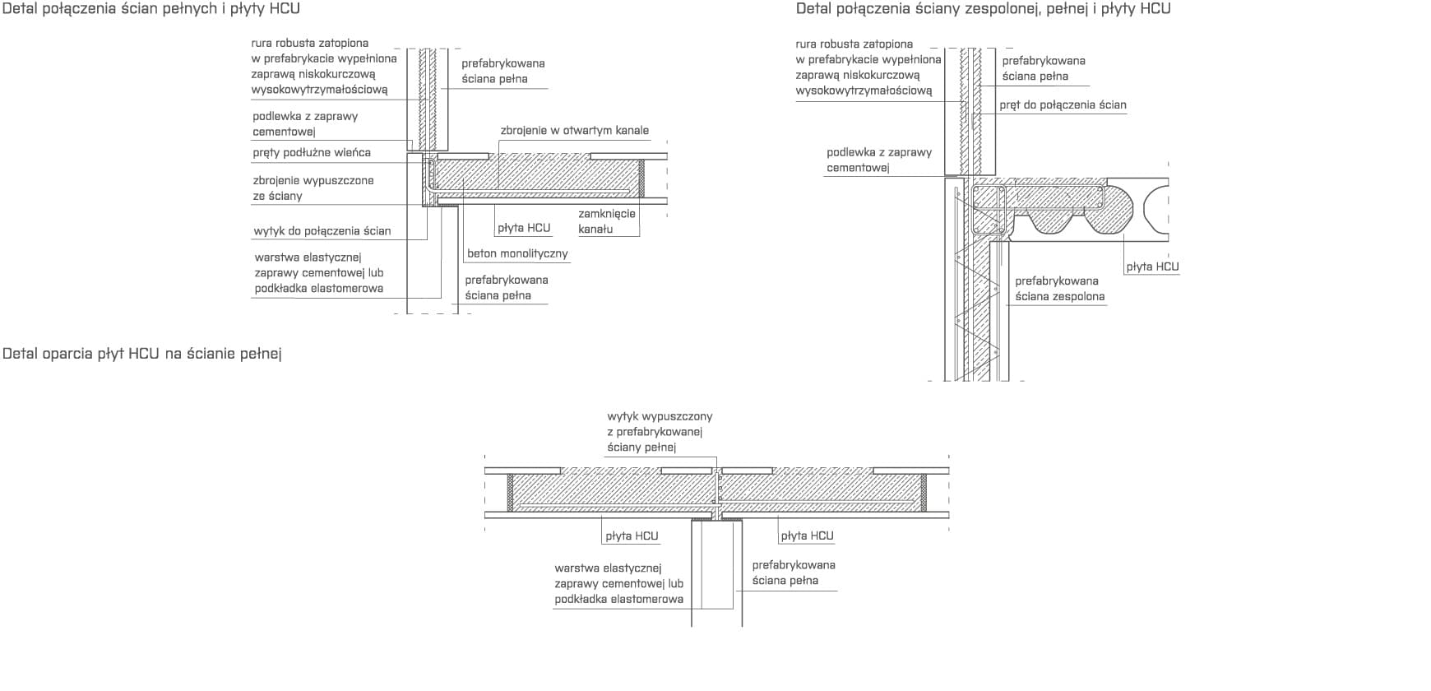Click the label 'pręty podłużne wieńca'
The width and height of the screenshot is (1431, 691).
pos(312,153)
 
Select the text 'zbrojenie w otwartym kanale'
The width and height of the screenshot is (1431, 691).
pos(574,131)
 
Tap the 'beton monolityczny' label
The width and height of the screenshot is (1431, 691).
pos(517,253)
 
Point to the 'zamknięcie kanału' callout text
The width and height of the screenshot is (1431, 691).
pos(607,221)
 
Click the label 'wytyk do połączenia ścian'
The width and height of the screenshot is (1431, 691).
pos(322,231)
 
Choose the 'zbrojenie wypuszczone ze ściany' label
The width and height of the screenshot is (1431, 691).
pos(313,188)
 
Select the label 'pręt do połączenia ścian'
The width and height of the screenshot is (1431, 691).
pos(1063,105)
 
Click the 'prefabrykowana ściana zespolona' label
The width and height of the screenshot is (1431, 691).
pos(1060,289)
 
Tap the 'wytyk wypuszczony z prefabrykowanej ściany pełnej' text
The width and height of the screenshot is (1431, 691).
pos(660,432)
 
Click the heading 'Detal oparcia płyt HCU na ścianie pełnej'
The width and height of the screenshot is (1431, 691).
pos(142,354)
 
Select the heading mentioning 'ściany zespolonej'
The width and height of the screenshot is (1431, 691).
pos(983,9)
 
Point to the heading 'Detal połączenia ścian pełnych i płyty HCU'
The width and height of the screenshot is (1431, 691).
pos(151,9)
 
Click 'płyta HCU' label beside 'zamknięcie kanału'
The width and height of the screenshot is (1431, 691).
pos(524,228)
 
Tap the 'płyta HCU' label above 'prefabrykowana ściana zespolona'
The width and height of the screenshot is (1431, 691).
pos(1152,267)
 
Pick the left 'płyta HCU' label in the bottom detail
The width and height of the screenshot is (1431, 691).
pos(632,536)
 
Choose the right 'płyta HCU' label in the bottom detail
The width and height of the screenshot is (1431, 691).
pos(807,536)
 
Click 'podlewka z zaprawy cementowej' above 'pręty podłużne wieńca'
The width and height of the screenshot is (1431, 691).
pos(305,124)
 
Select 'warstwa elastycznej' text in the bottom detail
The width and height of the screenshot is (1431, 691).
pos(608,568)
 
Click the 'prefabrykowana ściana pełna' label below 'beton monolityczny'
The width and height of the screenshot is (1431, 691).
pos(507,288)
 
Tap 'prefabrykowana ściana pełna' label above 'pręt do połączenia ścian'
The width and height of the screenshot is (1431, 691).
pos(1044,68)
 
